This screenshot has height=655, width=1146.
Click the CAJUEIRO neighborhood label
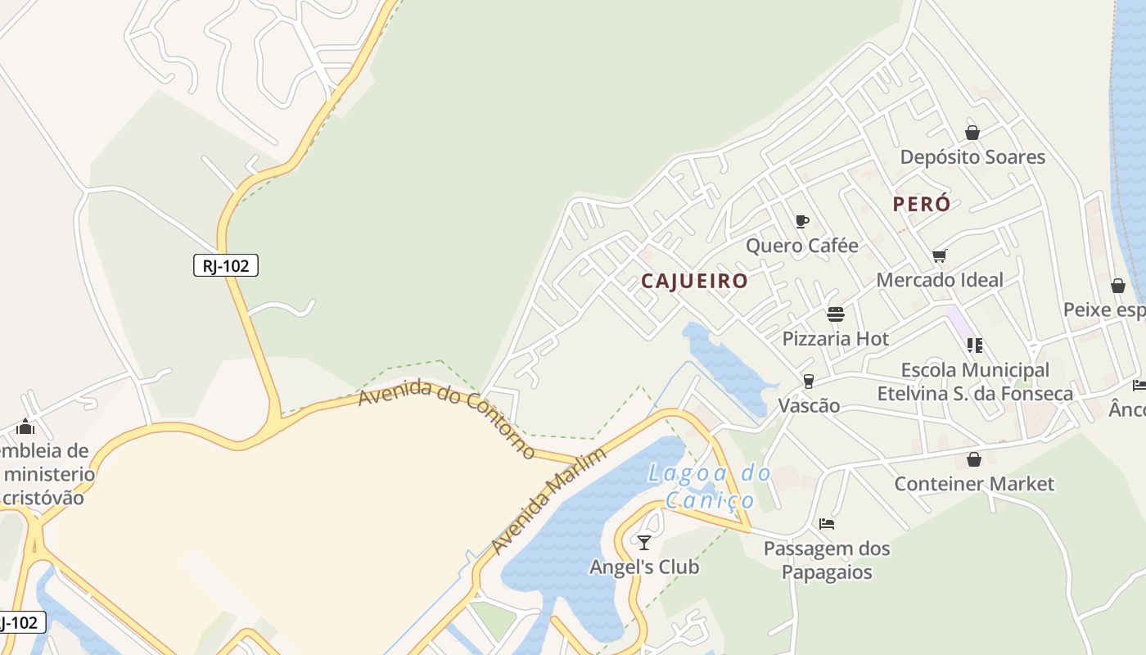click(694, 281)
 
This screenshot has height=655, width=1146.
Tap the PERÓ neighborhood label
click(922, 204)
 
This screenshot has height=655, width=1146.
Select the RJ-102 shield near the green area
click(226, 265)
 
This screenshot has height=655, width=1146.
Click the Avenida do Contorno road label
click(447, 418)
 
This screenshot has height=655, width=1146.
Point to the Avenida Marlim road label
click(549, 501)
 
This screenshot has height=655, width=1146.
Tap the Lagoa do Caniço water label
click(710, 486)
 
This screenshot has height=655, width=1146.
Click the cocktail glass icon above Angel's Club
click(644, 542)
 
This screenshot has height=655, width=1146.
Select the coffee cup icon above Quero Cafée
click(802, 221)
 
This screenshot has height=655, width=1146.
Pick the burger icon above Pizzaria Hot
click(836, 314)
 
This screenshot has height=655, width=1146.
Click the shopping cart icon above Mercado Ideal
click(940, 255)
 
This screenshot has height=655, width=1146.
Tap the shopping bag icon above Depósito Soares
click(972, 132)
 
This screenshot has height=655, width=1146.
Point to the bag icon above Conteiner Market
click(974, 459)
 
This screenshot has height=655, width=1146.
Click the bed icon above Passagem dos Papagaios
click(827, 524)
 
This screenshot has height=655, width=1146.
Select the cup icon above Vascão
click(809, 382)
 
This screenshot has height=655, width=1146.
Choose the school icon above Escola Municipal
click(974, 346)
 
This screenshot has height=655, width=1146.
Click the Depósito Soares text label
click(972, 157)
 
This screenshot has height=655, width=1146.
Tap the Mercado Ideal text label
click(940, 280)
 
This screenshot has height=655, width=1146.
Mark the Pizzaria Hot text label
click(836, 339)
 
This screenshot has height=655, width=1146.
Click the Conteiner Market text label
click(974, 484)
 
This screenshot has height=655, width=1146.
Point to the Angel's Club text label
click(644, 567)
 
